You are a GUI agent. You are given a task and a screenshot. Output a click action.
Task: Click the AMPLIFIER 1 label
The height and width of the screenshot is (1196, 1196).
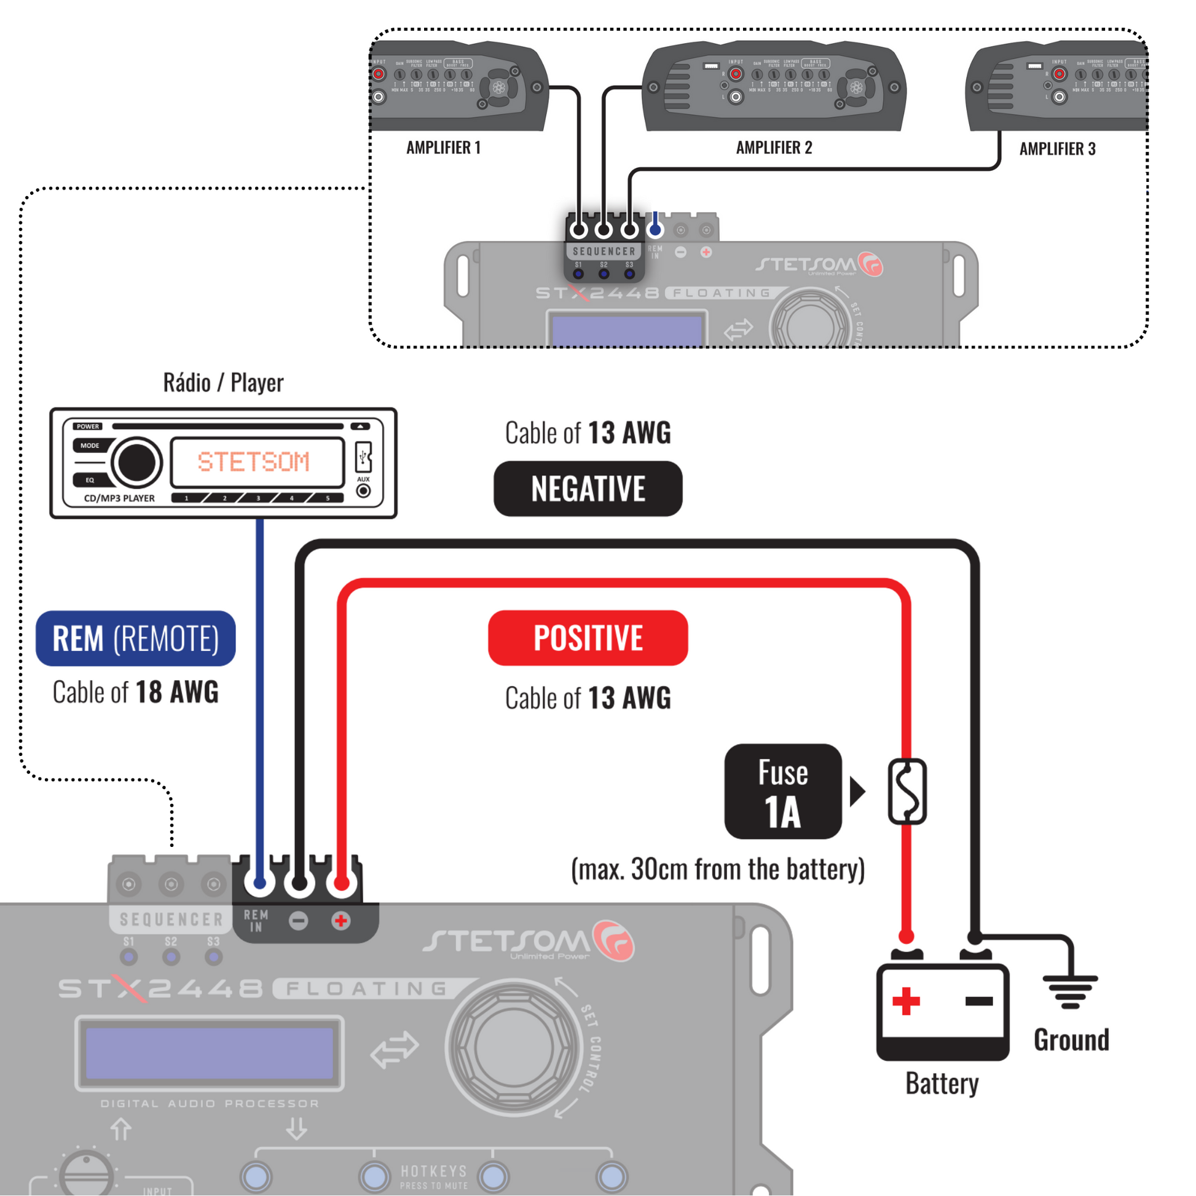tap(443, 148)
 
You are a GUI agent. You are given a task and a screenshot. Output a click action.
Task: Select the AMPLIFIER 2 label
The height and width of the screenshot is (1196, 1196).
tap(774, 148)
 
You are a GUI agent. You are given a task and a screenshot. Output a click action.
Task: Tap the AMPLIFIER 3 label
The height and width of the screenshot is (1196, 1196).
tap(1057, 149)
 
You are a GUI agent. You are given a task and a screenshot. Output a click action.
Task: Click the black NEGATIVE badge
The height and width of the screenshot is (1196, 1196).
tap(588, 489)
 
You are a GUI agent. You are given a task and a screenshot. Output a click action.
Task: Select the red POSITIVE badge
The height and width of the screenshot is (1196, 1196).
tap(588, 637)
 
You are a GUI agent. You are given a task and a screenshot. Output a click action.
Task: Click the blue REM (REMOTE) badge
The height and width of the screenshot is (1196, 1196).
tap(136, 638)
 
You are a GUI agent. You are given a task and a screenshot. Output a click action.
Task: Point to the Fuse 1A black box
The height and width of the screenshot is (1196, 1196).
tap(782, 791)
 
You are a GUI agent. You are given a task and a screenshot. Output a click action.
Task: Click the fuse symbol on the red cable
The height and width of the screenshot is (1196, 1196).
tap(907, 791)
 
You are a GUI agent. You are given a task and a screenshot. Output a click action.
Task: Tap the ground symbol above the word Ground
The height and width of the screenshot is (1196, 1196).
tap(1070, 991)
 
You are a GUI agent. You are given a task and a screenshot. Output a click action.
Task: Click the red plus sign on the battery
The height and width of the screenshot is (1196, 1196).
tap(906, 1001)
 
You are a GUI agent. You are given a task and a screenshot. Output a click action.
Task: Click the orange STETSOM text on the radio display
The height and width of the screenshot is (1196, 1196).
tap(253, 462)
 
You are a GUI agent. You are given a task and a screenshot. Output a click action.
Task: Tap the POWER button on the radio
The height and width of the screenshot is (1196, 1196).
tap(88, 427)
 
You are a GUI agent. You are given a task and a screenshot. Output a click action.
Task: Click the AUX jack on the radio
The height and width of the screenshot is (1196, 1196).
tap(363, 491)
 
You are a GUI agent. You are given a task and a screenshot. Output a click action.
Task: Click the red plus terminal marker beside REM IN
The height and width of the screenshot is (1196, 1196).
tap(340, 921)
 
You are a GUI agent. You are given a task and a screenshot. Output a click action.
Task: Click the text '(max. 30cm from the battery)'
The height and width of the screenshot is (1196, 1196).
tap(717, 869)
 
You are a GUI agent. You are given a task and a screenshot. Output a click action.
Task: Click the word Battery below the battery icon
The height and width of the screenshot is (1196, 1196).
tap(942, 1084)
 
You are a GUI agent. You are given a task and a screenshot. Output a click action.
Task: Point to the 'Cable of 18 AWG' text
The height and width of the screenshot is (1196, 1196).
tap(136, 692)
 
